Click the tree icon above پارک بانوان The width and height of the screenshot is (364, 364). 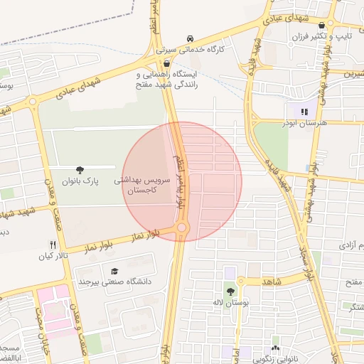(81, 170)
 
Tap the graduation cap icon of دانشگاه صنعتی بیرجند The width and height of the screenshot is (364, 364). (114, 271)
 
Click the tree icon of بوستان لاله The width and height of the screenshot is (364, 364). (230, 291)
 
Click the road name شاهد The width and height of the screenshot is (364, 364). (272, 282)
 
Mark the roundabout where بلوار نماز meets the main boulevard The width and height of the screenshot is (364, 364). (181, 227)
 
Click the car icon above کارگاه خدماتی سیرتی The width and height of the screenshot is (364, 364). (189, 38)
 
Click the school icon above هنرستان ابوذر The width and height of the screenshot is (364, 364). (304, 111)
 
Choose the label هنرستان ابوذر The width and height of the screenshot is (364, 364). (305, 123)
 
